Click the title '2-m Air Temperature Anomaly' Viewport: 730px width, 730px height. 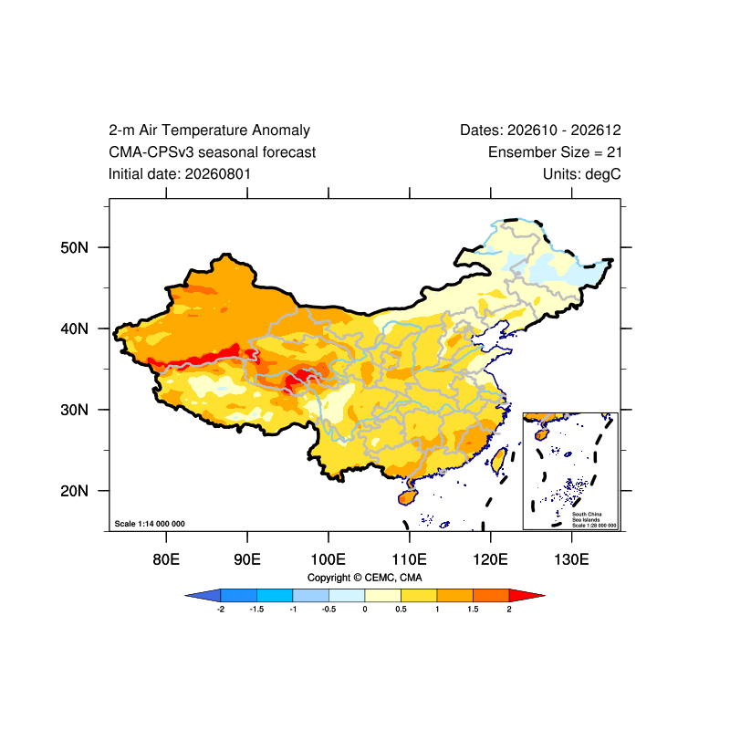(209, 130)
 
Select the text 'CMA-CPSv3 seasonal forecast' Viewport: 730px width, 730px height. (212, 151)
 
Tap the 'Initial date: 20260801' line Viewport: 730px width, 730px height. (180, 173)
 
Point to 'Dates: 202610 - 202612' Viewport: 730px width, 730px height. (540, 130)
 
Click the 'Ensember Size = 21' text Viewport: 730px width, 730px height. (555, 151)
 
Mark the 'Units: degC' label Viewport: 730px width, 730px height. (581, 173)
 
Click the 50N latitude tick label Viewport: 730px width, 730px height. (74, 247)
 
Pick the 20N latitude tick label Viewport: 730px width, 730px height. (74, 491)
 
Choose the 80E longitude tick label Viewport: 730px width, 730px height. (166, 558)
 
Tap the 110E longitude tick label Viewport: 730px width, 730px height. (409, 558)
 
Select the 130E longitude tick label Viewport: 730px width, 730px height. (571, 558)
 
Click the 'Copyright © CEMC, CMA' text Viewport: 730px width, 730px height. (364, 578)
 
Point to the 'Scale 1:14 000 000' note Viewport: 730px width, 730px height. (150, 524)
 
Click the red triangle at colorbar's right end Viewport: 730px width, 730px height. (527, 595)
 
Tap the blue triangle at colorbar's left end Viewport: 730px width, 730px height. (203, 595)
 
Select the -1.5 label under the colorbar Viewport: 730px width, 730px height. (256, 609)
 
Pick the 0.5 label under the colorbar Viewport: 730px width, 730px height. (401, 609)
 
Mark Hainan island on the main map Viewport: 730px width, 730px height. (407, 497)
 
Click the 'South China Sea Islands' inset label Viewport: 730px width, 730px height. (587, 516)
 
